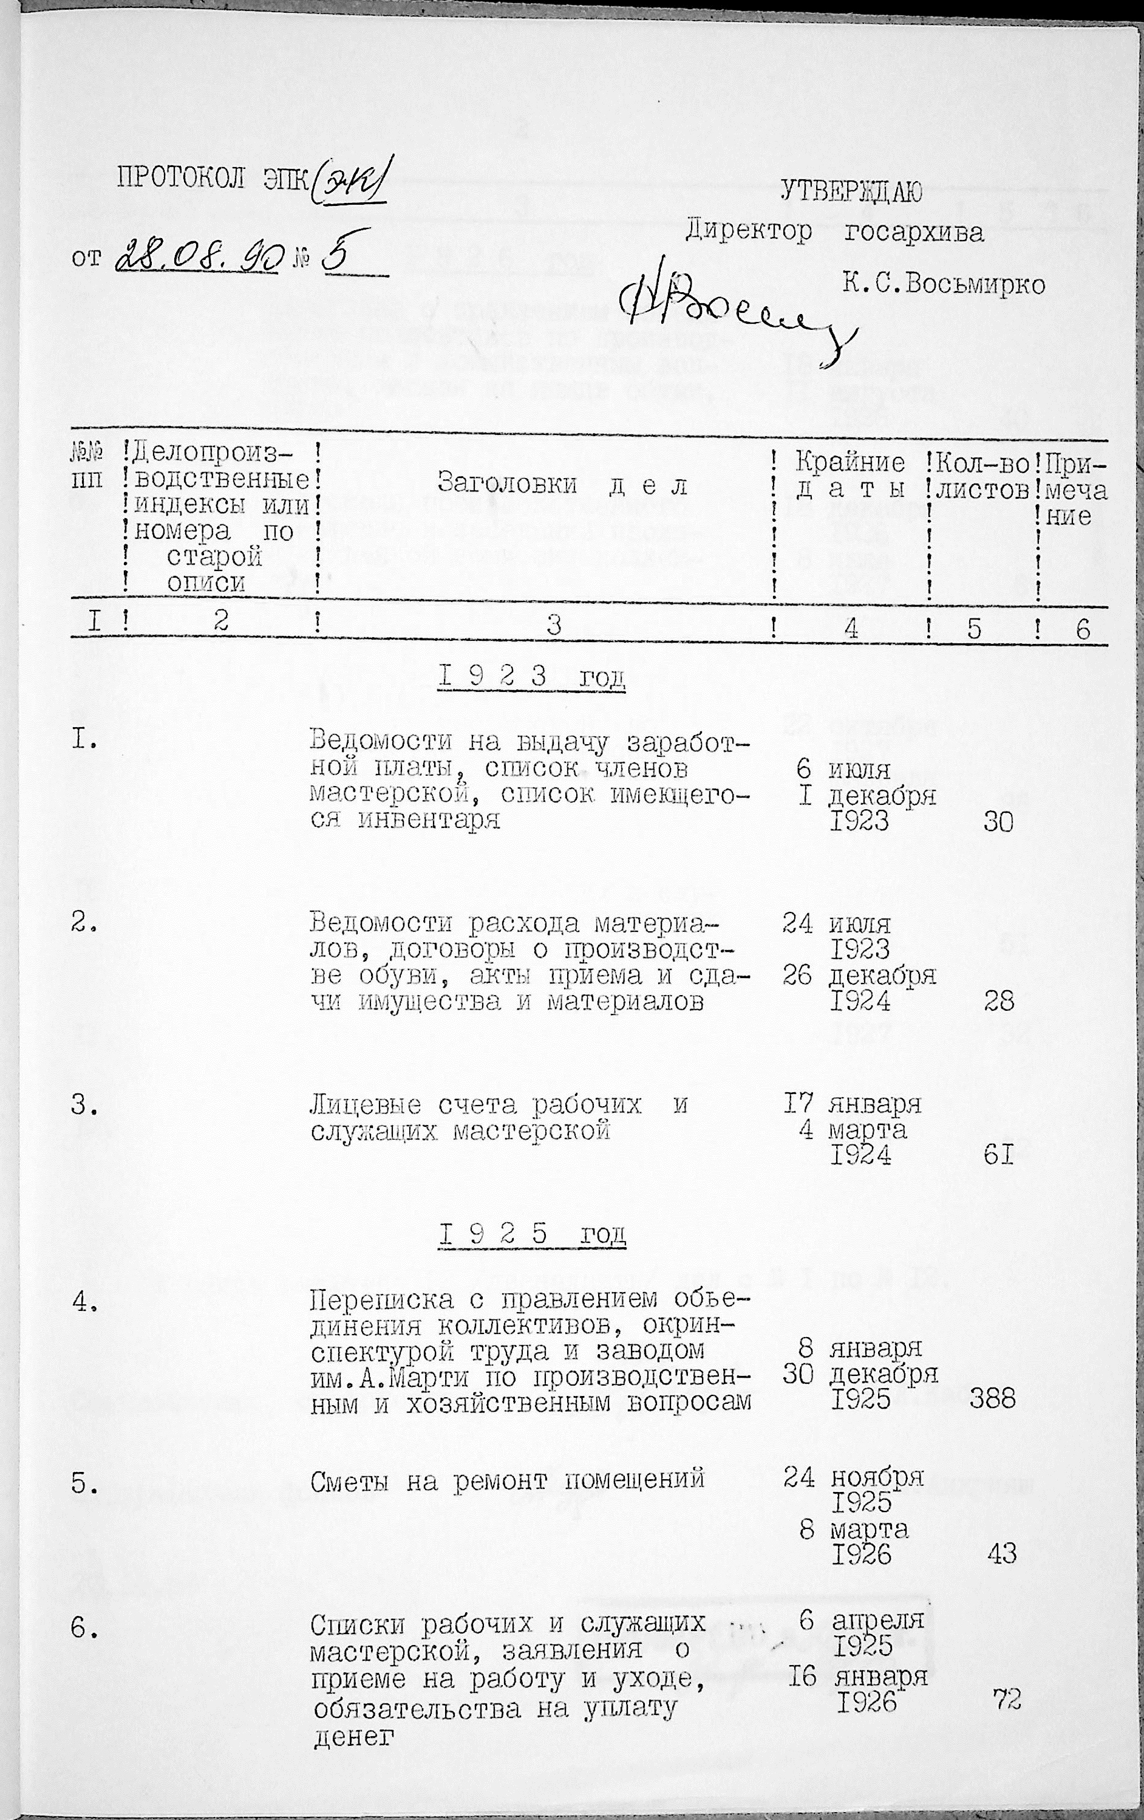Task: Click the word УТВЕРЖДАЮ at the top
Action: [851, 192]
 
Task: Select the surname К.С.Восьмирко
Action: [944, 284]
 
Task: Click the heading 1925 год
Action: [532, 1234]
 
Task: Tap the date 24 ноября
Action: [853, 1476]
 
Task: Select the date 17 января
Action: [851, 1104]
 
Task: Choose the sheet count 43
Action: [1001, 1554]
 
